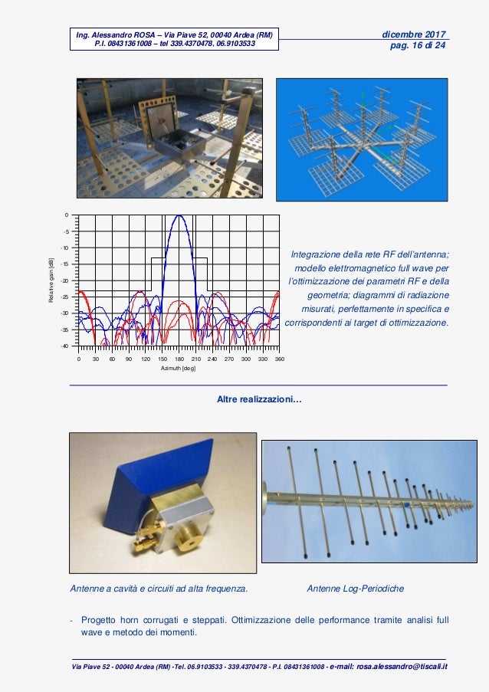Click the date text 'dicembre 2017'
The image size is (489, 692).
click(414, 34)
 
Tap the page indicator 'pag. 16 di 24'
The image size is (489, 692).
click(418, 45)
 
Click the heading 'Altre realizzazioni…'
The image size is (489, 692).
click(259, 399)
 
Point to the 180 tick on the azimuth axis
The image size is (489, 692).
click(179, 359)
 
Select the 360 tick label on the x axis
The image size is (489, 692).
click(279, 359)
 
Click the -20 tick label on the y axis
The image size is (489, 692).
click(65, 280)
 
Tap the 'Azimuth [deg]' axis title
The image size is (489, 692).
click(178, 368)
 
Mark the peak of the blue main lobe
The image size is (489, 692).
click(179, 215)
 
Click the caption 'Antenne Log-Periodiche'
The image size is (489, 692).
click(356, 589)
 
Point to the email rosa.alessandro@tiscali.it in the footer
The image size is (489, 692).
click(402, 667)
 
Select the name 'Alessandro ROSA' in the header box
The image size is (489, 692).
click(123, 34)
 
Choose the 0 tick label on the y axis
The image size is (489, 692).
click(67, 215)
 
